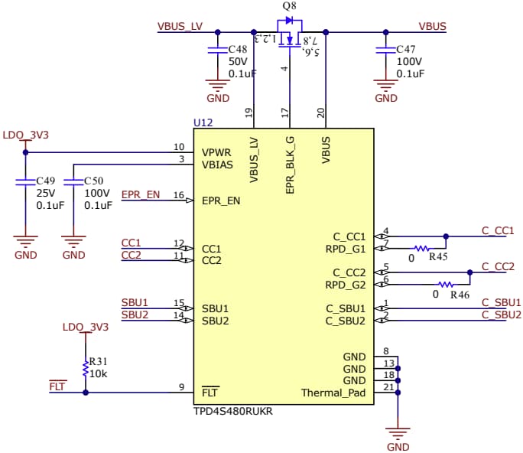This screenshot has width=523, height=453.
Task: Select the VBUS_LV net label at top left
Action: pos(180,25)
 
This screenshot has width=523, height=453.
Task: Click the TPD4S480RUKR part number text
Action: pos(232,411)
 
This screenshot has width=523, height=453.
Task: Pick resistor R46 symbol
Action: pos(446,284)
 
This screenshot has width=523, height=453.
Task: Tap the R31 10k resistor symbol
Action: pos(85,370)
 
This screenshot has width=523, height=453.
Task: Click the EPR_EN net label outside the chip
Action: pos(141,195)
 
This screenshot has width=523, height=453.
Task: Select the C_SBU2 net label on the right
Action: pos(501,314)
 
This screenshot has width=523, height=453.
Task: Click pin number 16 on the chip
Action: pos(179,196)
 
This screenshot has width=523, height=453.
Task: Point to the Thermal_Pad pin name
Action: pos(333,393)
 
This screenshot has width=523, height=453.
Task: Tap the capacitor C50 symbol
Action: pos(73,182)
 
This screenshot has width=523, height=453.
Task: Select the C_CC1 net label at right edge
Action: pos(498,230)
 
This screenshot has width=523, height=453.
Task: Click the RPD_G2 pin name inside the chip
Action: pos(346,285)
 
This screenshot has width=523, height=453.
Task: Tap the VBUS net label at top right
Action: pos(432,25)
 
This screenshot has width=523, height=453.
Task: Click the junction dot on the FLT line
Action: pos(85,392)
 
